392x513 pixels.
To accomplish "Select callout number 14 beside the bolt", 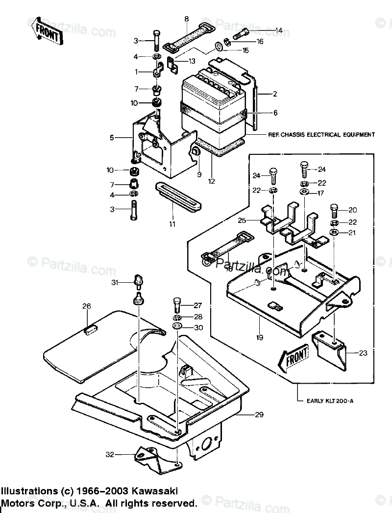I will pos(278,30).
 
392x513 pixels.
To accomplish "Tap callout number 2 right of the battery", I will pos(275,93).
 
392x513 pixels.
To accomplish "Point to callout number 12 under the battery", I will pos(211,181).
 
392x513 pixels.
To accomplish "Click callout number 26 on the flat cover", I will pos(86,307).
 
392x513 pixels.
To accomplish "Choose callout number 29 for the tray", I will pos(259,415).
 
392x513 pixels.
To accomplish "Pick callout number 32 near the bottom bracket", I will pos(110,455).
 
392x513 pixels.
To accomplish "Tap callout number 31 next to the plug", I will pos(114,282).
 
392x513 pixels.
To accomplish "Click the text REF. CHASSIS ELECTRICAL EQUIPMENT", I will pos(321,134).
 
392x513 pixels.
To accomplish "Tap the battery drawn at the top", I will pos(213,105).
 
